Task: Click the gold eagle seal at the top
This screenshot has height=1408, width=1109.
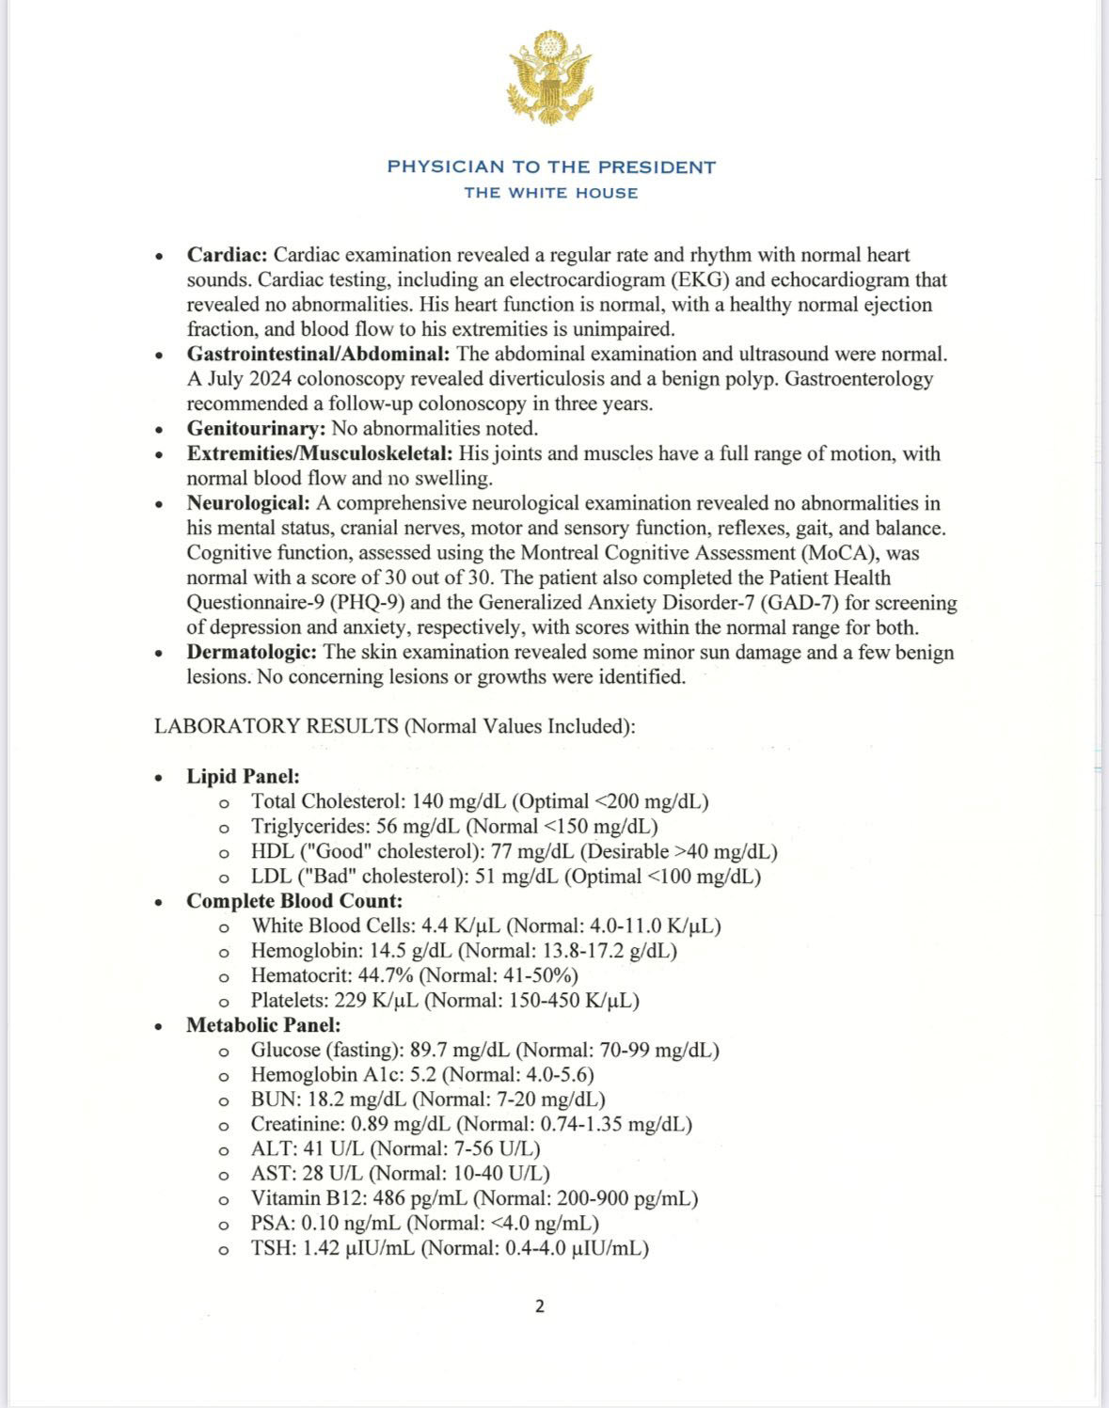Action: (x=550, y=76)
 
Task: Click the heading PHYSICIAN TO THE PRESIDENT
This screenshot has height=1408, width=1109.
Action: (x=551, y=167)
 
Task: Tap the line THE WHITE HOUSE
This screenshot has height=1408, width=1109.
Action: (x=551, y=193)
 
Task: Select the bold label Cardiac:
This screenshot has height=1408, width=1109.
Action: (x=228, y=255)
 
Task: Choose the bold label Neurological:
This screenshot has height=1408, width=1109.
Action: (x=248, y=503)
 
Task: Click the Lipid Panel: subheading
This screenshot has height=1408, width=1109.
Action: (x=243, y=777)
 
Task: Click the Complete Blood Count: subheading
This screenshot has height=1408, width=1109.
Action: (x=294, y=901)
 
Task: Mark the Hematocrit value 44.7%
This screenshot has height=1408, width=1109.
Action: (x=386, y=975)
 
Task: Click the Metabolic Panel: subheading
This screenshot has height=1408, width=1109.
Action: (x=263, y=1025)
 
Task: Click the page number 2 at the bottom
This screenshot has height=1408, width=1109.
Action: (x=539, y=1306)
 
